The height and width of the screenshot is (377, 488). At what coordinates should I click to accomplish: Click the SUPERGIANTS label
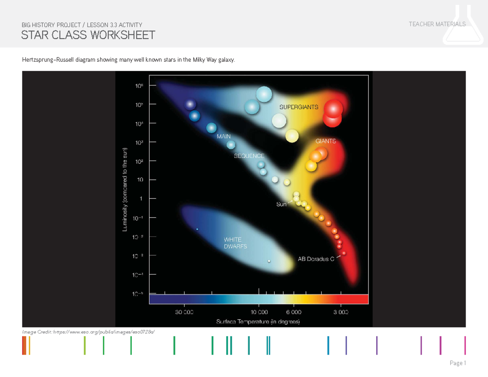[298, 107]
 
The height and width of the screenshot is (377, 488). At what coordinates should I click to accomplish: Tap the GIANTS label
[326, 141]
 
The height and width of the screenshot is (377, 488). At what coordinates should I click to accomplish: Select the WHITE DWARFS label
[235, 243]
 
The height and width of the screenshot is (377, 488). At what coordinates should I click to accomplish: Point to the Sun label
[281, 204]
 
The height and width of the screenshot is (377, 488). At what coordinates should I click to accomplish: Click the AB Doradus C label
[316, 259]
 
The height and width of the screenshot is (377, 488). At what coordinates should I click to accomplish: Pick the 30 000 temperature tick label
[184, 312]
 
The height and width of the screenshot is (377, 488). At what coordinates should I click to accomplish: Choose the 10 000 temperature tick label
[259, 312]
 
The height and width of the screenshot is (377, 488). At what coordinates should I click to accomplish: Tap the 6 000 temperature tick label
[294, 312]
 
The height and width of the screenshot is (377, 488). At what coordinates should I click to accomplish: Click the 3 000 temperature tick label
[341, 312]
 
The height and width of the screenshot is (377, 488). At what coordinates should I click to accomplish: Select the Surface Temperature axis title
[258, 322]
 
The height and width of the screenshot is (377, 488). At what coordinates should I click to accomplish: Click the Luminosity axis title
[125, 190]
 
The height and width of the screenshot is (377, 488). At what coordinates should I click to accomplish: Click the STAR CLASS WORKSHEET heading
[88, 35]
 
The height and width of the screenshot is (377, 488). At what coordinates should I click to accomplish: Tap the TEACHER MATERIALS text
[437, 24]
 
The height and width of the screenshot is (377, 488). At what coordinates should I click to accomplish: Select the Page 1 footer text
[457, 363]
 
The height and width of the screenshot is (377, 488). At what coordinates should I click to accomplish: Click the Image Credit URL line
[89, 332]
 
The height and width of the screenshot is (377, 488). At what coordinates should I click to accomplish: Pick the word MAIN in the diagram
[224, 137]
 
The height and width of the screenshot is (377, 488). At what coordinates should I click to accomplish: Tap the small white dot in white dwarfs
[269, 261]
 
